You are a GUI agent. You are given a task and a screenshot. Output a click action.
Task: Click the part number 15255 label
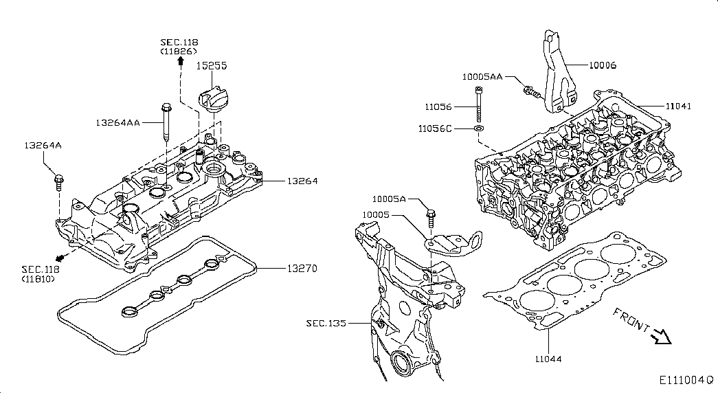coord(212,65)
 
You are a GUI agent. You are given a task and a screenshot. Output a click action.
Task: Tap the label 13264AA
coord(117,123)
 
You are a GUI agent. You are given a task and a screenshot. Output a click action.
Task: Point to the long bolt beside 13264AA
coord(166,123)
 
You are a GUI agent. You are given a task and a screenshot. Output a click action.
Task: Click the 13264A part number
coord(43,146)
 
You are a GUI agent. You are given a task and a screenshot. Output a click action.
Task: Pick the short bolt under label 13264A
coord(59,182)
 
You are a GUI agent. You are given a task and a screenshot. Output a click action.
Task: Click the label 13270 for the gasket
coord(302,268)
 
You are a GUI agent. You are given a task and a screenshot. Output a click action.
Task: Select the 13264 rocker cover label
coord(302,181)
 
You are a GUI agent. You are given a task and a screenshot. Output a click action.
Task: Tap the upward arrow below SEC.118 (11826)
coord(181,61)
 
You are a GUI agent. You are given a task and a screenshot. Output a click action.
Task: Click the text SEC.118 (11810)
coord(41,274)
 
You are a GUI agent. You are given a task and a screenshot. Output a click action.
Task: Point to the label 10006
coord(602,65)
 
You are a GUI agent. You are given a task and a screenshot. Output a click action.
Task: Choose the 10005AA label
coord(482,76)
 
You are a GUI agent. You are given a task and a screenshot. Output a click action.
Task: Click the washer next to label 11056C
coord(478,128)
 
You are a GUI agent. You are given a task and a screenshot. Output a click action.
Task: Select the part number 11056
coord(438,106)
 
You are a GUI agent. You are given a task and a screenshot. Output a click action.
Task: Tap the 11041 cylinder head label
coord(678,106)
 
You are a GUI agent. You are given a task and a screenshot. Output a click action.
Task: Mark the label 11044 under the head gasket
coord(548,359)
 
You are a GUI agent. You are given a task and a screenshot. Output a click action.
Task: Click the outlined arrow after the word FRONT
coord(661,336)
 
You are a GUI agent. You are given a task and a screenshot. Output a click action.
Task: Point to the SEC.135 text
coord(327,324)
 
